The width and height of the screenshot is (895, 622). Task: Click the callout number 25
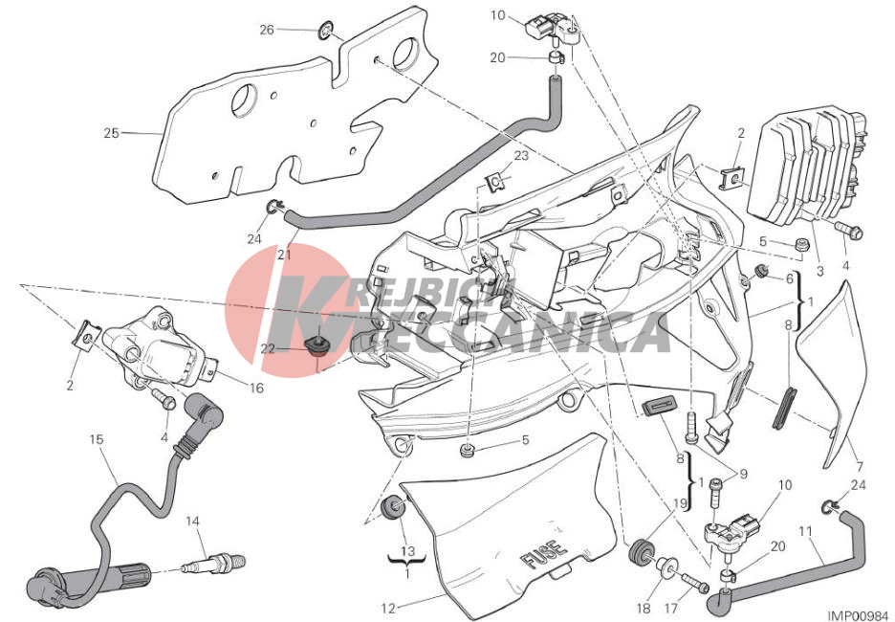(x=111, y=133)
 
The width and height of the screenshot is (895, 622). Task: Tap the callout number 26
(x=267, y=30)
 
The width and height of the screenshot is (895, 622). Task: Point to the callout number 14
(x=192, y=521)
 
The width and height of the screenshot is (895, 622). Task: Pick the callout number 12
(x=388, y=609)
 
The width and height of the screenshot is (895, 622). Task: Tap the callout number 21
(x=284, y=255)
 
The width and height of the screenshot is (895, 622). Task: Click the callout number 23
(x=521, y=155)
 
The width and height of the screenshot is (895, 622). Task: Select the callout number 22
(x=268, y=349)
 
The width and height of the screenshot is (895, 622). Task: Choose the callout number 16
(x=257, y=388)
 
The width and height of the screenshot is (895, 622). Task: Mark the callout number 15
(x=97, y=439)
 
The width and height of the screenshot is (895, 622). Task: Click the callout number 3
(x=820, y=272)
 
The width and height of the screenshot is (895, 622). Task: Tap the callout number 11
(x=805, y=532)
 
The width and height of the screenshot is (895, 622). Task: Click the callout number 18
(x=644, y=609)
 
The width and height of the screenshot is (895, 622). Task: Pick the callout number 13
(x=407, y=552)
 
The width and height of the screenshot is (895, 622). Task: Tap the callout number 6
(x=790, y=278)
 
